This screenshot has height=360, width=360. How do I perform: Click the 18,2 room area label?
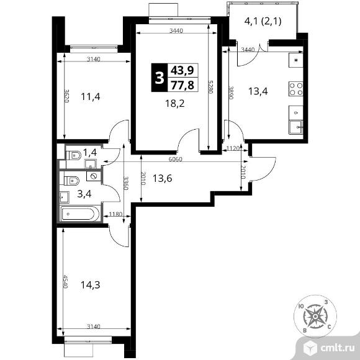[x=174, y=104]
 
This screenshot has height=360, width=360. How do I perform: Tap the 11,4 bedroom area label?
[x=91, y=97]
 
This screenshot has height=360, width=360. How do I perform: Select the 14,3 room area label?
[x=90, y=285]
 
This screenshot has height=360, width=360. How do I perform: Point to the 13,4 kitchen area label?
[x=258, y=91]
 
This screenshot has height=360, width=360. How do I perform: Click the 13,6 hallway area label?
[x=163, y=178]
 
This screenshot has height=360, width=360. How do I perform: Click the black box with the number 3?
[x=160, y=78]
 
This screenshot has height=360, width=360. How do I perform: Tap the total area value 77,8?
[x=183, y=85]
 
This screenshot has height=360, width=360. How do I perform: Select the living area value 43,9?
[x=183, y=70]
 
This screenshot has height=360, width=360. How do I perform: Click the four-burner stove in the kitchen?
[x=295, y=89]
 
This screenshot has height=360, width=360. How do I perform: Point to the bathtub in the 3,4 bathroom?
[x=79, y=214]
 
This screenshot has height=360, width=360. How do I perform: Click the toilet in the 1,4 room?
[x=73, y=155]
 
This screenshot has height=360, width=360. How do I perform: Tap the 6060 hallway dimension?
[x=176, y=159]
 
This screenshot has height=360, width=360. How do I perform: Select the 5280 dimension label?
[x=210, y=87]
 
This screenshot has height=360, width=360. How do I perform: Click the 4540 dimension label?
[x=66, y=281]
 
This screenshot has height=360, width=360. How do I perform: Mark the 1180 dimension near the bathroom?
[x=115, y=214]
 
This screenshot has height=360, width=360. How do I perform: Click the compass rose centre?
[x=315, y=317]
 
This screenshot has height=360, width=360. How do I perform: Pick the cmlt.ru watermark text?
[x=338, y=348]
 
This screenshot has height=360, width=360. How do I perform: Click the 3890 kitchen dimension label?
[x=231, y=92]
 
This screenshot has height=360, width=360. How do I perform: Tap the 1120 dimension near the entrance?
[x=233, y=148]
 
